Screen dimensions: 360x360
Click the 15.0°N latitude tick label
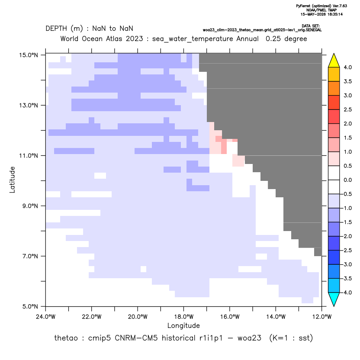pos(29,55)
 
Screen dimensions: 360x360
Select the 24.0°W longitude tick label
pos(46,317)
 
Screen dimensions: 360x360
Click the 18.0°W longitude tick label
pos(183,317)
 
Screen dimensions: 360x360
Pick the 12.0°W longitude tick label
pos(321,317)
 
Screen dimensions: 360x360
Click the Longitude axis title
pos(183,325)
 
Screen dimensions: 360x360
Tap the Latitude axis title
pos(12,180)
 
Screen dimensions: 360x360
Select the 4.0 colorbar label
pos(347,67)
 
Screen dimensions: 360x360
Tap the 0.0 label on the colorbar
pos(347,180)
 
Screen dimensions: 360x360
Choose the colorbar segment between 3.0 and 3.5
pos(334,88)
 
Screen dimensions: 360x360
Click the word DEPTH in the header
pos(56,29)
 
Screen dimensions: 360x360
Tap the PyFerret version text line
pos(321,6)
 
